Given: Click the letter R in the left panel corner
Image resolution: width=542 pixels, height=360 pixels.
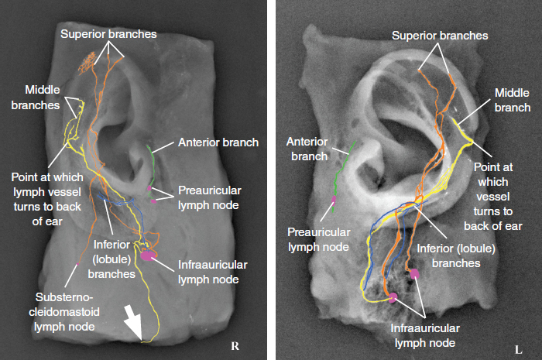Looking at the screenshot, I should pyautogui.click(x=235, y=345).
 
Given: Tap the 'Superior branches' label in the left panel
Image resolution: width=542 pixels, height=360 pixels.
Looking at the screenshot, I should pyautogui.click(x=108, y=34).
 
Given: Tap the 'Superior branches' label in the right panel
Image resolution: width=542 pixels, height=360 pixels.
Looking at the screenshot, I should pyautogui.click(x=440, y=36).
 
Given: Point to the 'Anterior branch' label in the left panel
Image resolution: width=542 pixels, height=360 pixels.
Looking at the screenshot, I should pyautogui.click(x=218, y=142).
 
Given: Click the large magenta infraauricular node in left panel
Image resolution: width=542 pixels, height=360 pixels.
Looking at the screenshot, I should pyautogui.click(x=148, y=253).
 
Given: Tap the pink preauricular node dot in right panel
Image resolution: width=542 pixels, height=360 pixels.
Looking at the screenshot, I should pyautogui.click(x=333, y=201).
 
